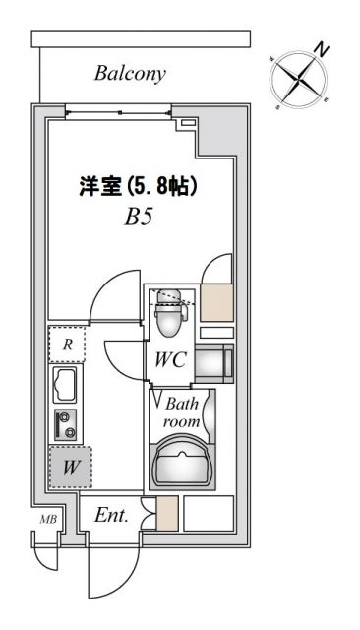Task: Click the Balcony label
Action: coord(130,73)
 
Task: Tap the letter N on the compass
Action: coord(322,47)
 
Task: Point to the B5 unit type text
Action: coord(138,218)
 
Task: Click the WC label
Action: coord(169,360)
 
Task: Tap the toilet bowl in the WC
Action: coord(170,316)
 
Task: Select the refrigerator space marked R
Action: coord(67,345)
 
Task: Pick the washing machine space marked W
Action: coord(70,469)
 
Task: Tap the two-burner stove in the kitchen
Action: coord(67,424)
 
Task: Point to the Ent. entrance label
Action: coord(111,515)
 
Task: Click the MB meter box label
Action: coord(46,520)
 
